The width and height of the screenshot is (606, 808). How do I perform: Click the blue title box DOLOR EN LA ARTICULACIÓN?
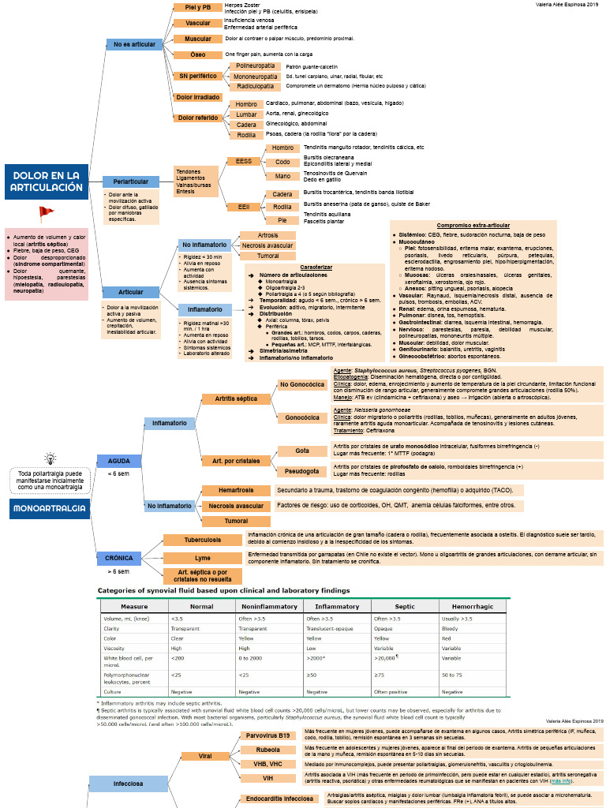point(47,181)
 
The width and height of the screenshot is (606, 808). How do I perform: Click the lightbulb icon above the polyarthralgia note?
point(50,458)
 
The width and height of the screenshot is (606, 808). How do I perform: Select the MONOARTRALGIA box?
point(49,509)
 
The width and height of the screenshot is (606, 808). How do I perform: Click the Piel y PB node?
point(197,7)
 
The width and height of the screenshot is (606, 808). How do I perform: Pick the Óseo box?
point(197,54)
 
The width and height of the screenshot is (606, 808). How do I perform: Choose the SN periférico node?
point(197,77)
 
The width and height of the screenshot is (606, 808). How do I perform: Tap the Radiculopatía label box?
point(256,86)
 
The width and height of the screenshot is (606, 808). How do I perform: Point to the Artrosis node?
point(267,235)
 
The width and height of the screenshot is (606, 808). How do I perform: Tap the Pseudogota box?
point(301,471)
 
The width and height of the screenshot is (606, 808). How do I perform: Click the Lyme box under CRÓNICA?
point(202,558)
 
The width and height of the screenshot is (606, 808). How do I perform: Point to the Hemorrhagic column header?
point(472,606)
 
